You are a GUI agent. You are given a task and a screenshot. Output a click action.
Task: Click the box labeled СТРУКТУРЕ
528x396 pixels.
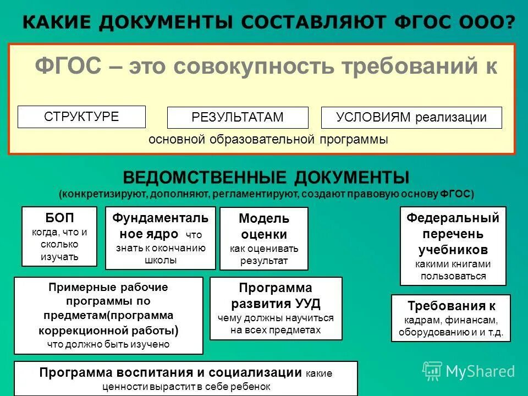[81, 117]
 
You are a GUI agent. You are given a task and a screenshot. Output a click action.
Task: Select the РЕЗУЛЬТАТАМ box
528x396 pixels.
[238, 118]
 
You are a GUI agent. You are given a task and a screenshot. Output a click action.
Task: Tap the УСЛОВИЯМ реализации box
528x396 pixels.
[411, 118]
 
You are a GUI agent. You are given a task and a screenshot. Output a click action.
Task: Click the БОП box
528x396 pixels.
[59, 237]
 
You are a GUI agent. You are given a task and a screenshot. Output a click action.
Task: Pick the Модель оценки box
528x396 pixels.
[263, 239]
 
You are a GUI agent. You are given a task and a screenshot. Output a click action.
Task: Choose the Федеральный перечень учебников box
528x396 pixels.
[453, 246]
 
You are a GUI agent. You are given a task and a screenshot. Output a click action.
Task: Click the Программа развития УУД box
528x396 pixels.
[276, 308]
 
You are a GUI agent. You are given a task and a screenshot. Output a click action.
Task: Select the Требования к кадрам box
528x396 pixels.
[450, 318]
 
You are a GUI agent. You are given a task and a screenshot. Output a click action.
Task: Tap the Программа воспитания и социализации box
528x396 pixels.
[185, 378]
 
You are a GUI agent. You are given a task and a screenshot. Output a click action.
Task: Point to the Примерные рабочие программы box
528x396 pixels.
[108, 315]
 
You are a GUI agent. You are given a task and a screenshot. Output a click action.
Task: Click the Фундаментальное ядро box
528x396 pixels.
[160, 238]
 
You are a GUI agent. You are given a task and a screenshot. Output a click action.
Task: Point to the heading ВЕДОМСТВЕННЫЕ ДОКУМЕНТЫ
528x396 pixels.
[266, 178]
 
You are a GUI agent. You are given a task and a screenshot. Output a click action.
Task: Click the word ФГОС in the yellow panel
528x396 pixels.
[68, 67]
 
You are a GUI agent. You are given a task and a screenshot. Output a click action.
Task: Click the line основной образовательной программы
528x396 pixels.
[268, 140]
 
